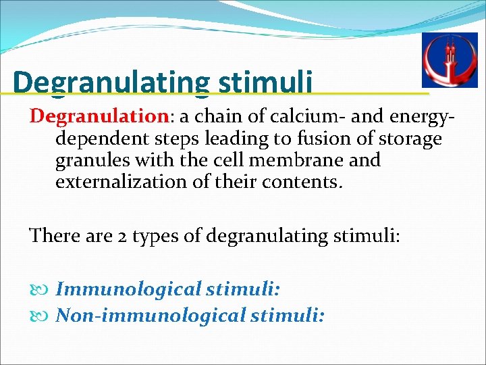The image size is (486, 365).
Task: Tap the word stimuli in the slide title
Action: point(265,82)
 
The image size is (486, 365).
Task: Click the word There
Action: point(52,236)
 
